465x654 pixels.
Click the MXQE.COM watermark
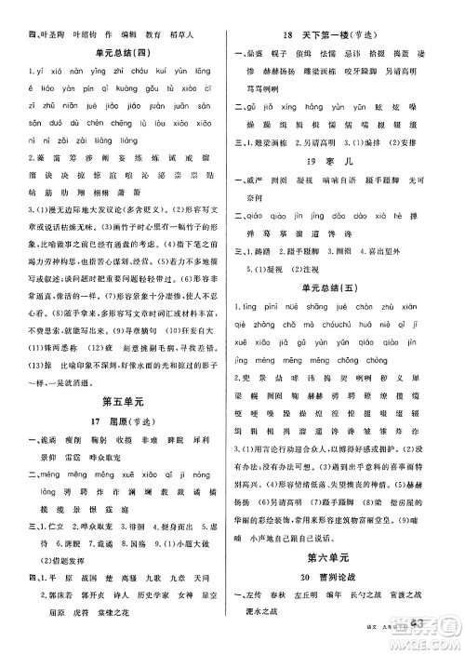pyautogui.click(x=433, y=639)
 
